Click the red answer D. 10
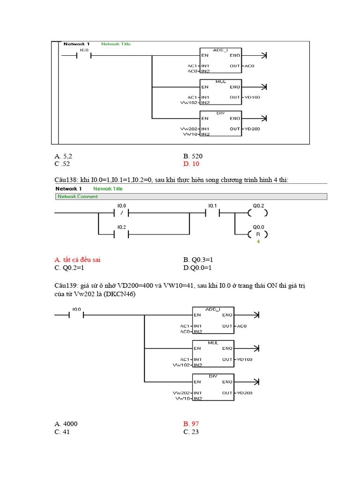(191, 164)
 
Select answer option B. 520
(193, 156)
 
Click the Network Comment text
(77, 197)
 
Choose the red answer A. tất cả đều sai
(77, 260)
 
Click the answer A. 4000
(66, 424)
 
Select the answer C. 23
(191, 432)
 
